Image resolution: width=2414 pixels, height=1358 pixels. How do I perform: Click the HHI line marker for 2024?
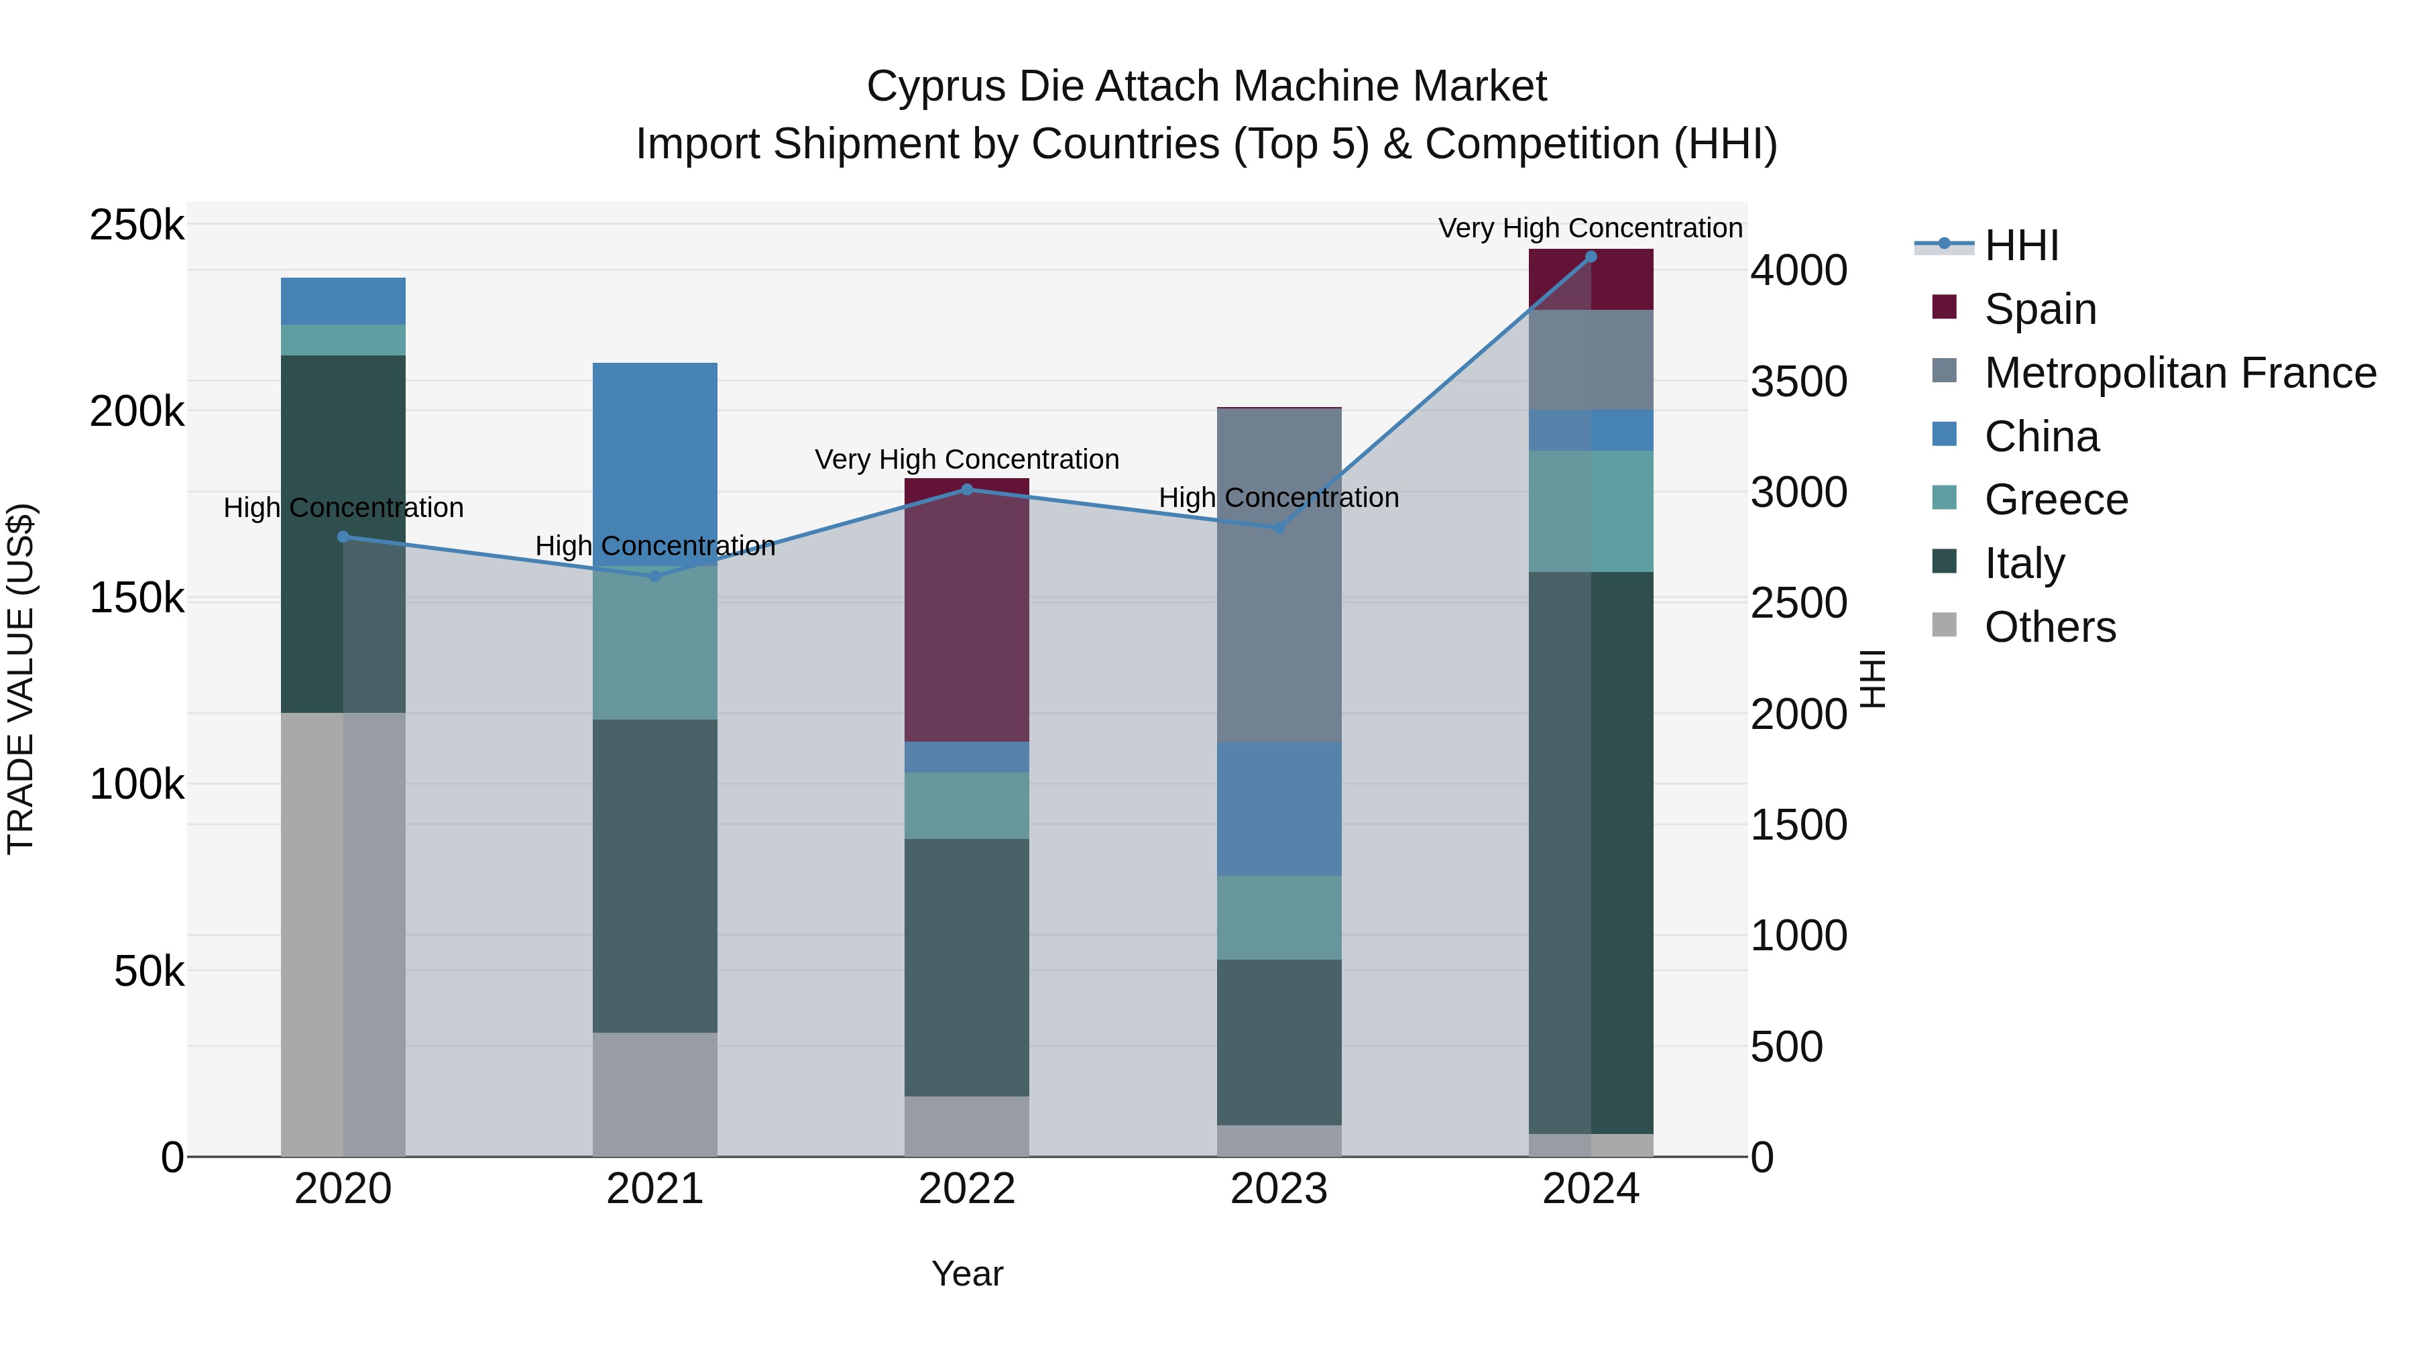click(1591, 257)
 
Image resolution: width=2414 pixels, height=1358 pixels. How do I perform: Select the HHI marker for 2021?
click(655, 575)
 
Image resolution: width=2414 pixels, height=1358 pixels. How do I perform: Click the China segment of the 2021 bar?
click(655, 450)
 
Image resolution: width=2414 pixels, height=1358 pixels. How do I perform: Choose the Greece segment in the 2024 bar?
click(1591, 511)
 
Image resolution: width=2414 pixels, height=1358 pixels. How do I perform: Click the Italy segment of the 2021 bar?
click(655, 876)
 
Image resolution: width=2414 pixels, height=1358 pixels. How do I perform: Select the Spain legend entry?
click(2039, 309)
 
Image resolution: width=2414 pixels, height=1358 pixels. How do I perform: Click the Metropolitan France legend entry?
click(2180, 373)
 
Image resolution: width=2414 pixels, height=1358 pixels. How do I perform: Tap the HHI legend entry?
click(2020, 245)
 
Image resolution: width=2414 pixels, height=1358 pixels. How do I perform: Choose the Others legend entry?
click(2049, 627)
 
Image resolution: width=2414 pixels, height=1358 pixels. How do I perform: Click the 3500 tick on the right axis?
click(1798, 382)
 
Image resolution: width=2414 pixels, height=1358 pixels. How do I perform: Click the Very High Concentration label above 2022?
click(966, 459)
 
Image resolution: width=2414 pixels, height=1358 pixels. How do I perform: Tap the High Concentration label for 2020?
click(343, 508)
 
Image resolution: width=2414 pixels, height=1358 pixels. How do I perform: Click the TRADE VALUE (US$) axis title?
click(21, 679)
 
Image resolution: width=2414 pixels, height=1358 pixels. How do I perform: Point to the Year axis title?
click(966, 1274)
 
